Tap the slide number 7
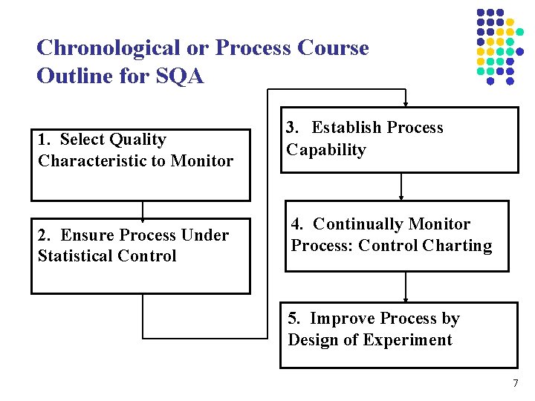(515, 384)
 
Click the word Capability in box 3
(326, 150)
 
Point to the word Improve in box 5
(343, 319)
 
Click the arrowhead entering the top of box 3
(405, 103)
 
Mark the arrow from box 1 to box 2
(142, 212)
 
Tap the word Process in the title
(252, 48)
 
